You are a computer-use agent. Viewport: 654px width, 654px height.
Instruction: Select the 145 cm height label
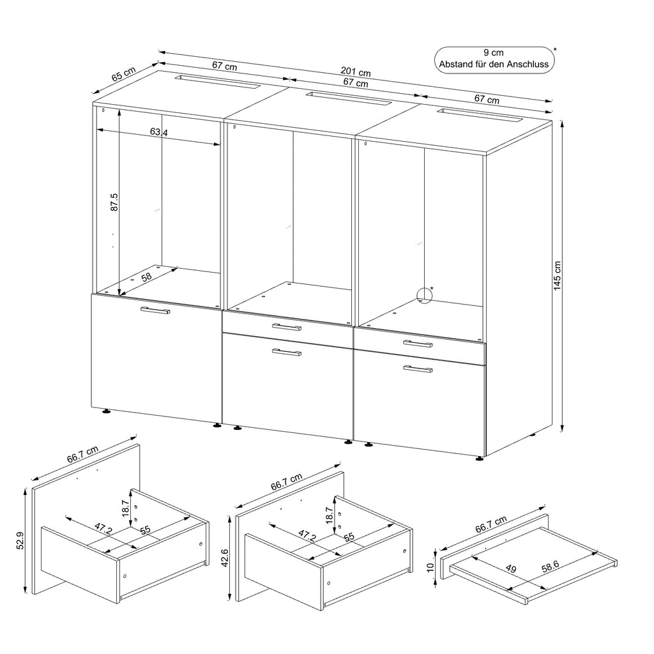(x=557, y=276)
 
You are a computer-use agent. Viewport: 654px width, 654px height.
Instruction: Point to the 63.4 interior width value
(x=159, y=133)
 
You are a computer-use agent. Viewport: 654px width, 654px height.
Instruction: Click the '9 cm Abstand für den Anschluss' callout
(x=493, y=59)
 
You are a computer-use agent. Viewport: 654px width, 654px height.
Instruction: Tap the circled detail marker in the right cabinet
(x=423, y=295)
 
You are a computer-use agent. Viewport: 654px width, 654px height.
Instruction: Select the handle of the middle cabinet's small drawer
(x=286, y=327)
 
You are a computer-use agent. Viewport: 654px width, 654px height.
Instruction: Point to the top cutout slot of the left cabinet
(x=217, y=82)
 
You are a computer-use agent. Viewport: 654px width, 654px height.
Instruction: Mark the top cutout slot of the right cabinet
(x=480, y=116)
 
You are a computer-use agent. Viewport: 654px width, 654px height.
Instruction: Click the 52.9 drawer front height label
(x=20, y=541)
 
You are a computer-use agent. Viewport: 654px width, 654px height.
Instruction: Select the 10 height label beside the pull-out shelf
(x=430, y=564)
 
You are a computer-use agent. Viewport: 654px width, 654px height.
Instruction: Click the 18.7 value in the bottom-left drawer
(x=126, y=508)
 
